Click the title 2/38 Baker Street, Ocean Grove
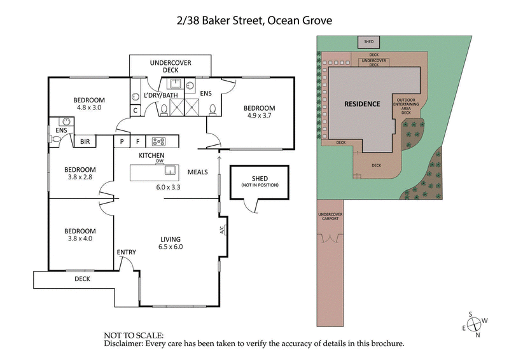pos(254,20)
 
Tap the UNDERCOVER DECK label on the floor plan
pos(170,67)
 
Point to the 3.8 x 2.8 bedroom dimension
pos(80,177)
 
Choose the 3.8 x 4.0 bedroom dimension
pos(80,239)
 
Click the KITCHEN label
pos(152,155)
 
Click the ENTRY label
pos(126,253)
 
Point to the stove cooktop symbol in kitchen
pos(158,141)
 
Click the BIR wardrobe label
pos(85,142)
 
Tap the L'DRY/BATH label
pos(161,95)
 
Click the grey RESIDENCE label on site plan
pos(362,104)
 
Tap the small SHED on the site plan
pos(369,42)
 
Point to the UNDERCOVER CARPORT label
pos(330,218)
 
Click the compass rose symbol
pos(475,324)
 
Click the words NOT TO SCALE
pos(134,335)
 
